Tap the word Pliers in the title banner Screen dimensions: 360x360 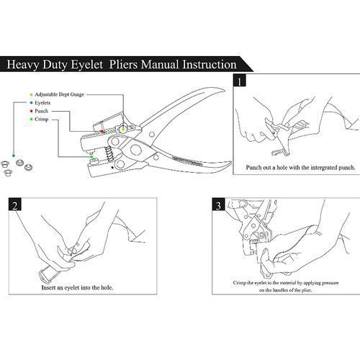coord(123,65)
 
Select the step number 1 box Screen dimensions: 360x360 coord(240,80)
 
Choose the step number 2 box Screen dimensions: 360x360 coord(15,204)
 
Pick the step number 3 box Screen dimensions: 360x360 coord(218,204)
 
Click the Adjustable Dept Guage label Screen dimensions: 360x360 coord(60,94)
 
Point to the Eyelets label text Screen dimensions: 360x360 coord(42,103)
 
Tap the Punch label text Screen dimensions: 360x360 coord(41,111)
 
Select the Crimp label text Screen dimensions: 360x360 coord(42,119)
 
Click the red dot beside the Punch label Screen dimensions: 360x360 coord(31,111)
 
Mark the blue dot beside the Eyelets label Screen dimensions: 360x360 coord(31,103)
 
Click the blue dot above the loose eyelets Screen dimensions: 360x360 coord(14,156)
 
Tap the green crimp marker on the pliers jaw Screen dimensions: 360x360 coord(91,157)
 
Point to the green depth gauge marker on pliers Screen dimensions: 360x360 coord(123,130)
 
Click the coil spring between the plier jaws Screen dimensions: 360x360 coord(109,153)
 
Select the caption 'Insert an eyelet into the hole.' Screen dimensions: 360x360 coord(77,287)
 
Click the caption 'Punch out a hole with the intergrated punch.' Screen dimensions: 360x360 coord(300,168)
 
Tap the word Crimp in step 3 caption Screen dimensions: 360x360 coord(240,283)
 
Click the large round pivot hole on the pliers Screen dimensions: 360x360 coord(136,150)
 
